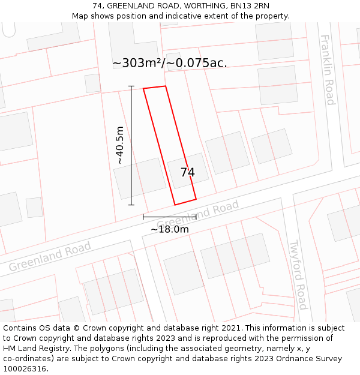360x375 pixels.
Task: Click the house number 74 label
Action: (188, 173)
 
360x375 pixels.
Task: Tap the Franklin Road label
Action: (328, 70)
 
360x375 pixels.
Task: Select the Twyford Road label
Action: (298, 275)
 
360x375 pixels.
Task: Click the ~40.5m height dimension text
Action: (120, 145)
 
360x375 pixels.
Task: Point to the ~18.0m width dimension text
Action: (169, 229)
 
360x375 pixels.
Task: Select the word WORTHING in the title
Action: (202, 6)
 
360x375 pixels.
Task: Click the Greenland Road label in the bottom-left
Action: (50, 256)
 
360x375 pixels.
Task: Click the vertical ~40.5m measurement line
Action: (131, 145)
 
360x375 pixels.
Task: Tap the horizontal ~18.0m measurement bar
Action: (169, 217)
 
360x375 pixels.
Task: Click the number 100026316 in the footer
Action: (24, 369)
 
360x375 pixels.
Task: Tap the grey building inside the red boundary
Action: (188, 169)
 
